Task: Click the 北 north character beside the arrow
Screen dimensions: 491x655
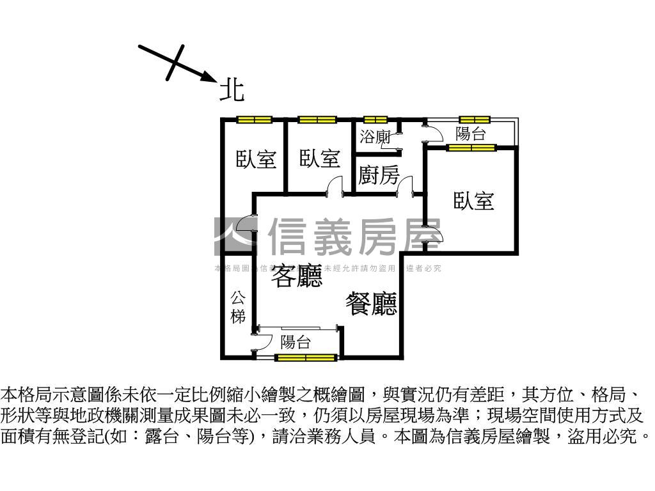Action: point(232,90)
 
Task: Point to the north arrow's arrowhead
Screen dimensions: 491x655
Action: point(210,78)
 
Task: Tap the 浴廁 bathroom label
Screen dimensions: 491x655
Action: point(375,136)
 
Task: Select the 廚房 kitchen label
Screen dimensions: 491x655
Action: point(379,175)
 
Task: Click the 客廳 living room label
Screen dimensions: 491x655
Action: point(297,276)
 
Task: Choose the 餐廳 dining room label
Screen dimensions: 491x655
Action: point(372,304)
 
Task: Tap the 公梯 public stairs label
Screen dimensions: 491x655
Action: point(238,307)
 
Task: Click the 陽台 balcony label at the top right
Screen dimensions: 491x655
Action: point(470,134)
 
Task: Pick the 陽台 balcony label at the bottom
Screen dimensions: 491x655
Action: point(296,342)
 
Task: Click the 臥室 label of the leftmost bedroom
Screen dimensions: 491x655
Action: point(256,159)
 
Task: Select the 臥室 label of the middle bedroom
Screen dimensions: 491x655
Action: point(319,159)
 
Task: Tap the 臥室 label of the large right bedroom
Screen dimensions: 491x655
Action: point(474,201)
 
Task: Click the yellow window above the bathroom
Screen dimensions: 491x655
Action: point(375,120)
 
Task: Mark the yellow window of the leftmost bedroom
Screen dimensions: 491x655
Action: point(254,120)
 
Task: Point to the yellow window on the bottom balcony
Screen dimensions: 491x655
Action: point(306,357)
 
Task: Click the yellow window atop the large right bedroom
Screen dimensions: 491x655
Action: point(471,148)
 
